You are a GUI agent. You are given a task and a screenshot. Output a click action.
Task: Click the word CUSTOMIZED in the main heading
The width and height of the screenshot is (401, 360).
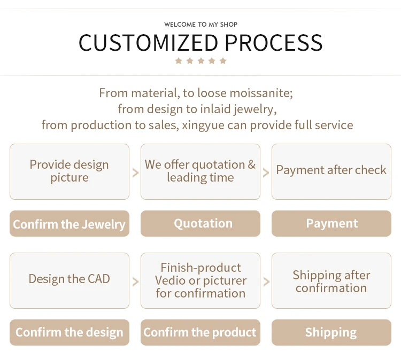(148, 43)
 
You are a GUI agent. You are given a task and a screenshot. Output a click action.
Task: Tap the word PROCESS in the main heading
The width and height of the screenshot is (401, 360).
(274, 43)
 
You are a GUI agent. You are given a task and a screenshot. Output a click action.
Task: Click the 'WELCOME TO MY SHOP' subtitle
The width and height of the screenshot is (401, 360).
(200, 25)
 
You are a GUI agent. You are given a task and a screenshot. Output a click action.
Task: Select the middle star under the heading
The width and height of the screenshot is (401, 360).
(200, 61)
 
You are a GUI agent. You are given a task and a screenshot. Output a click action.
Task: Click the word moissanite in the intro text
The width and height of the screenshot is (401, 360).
(261, 93)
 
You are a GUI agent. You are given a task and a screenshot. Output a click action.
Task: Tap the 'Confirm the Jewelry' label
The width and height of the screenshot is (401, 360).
(70, 224)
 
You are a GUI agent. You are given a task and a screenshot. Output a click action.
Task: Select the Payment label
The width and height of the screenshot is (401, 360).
(331, 224)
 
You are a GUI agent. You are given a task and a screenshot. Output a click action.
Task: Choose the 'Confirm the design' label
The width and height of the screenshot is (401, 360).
(70, 332)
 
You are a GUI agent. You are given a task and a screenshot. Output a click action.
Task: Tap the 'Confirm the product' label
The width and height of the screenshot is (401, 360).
(200, 332)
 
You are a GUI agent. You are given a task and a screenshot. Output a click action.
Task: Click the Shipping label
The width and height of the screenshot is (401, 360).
(331, 332)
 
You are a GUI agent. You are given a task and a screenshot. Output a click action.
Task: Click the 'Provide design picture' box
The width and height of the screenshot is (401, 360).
(70, 171)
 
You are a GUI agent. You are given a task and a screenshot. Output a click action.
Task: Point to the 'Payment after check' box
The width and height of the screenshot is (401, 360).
(331, 171)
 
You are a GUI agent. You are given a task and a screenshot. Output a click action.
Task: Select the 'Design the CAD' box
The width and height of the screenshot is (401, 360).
(70, 280)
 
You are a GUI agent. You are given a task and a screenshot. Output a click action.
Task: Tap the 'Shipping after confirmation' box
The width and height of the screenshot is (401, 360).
(331, 280)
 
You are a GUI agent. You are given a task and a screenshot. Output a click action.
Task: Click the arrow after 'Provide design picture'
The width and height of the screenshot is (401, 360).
(135, 173)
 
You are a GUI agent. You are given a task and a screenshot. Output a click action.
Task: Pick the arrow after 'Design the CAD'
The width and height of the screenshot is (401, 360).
(135, 282)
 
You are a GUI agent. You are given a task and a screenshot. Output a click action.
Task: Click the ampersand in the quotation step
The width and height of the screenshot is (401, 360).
(252, 165)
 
